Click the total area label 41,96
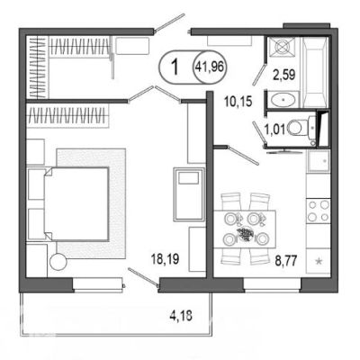[x=210, y=67]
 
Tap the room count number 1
[x=175, y=67]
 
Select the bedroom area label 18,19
[x=166, y=259]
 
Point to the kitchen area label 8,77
[x=286, y=260]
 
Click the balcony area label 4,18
[x=181, y=316]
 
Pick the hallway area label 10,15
[x=238, y=102]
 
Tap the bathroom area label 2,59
[x=283, y=75]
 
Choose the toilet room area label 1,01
[x=274, y=130]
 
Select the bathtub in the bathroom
[x=315, y=72]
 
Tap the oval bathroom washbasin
[x=283, y=100]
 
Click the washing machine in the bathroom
[x=282, y=48]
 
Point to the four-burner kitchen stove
[x=319, y=211]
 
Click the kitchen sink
[x=319, y=160]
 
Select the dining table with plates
[x=245, y=229]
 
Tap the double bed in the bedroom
[x=76, y=204]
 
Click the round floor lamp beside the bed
[x=58, y=262]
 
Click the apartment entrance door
[x=170, y=22]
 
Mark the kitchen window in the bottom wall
[x=272, y=285]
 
